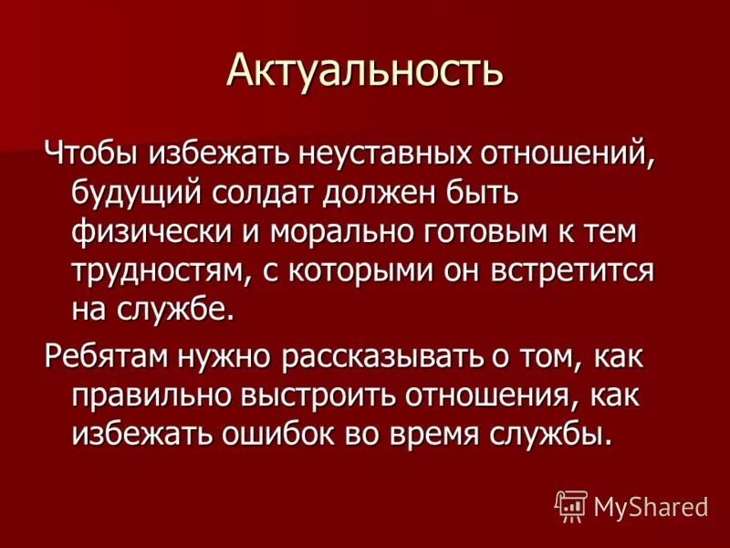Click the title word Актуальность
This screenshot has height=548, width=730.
point(365,69)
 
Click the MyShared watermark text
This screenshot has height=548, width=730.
point(650,506)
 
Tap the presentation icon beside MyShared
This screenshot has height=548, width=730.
point(570,506)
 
